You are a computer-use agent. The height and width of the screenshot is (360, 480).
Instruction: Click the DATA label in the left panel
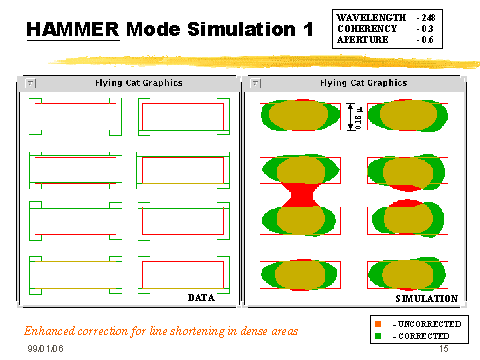click(203, 297)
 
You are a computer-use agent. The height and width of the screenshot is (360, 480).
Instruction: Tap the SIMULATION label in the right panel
click(427, 298)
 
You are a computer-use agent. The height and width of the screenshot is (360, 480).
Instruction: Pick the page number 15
click(442, 349)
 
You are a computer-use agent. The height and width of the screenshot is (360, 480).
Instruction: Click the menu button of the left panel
click(30, 82)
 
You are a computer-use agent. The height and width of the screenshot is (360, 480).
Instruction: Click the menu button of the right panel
click(250, 82)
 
